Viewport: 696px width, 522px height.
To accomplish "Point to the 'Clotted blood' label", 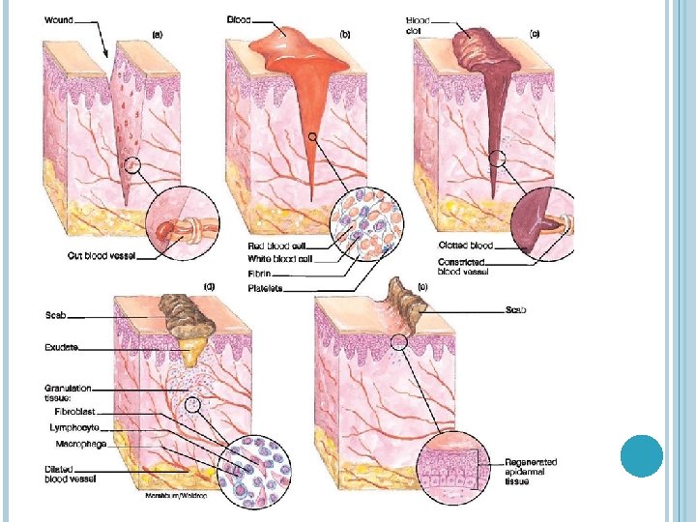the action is [466, 246].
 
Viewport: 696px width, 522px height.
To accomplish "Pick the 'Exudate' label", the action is [61, 346].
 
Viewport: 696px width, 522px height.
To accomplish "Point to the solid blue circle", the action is [640, 455].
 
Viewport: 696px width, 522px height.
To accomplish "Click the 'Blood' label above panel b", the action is [238, 19].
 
